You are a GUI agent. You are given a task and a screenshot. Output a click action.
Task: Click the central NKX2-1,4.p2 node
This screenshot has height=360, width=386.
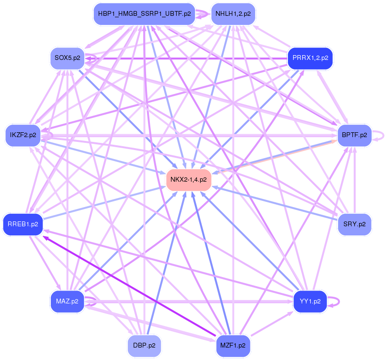pyautogui.click(x=189, y=180)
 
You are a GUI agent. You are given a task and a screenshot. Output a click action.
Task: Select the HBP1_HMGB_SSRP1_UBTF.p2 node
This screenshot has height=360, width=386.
pyautogui.click(x=144, y=13)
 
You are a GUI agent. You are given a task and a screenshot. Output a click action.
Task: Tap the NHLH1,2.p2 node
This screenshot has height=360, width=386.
pyautogui.click(x=233, y=13)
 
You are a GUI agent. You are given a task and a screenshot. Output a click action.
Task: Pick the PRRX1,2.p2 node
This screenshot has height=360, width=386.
pyautogui.click(x=310, y=58)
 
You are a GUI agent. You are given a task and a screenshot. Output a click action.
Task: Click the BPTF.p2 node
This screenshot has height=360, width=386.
pyautogui.click(x=355, y=135)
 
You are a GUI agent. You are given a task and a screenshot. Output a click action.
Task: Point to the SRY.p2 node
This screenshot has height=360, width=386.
pyautogui.click(x=354, y=224)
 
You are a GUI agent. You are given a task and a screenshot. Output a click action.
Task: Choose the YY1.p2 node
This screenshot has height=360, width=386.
pyautogui.click(x=310, y=302)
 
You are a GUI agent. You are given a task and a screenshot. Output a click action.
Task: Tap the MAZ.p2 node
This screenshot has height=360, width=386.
pyautogui.click(x=67, y=302)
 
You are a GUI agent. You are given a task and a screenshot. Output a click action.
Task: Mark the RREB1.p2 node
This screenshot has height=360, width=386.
pyautogui.click(x=23, y=223)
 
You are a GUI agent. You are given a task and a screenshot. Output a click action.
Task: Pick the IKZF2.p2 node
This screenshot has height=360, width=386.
pyautogui.click(x=23, y=135)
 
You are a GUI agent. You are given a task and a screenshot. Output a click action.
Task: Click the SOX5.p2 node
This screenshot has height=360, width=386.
pyautogui.click(x=67, y=58)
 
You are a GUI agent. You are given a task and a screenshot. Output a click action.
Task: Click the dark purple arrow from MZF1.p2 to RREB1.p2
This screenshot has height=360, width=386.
pyautogui.click(x=129, y=286)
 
